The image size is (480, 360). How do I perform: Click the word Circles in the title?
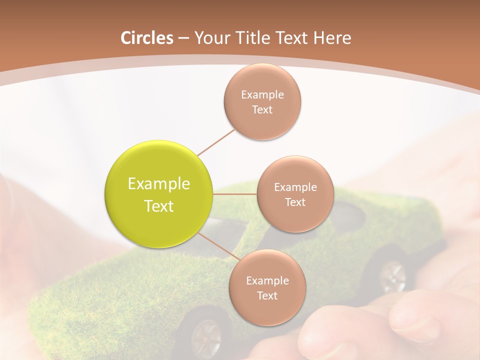(146, 38)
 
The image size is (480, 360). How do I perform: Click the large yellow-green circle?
(159, 194)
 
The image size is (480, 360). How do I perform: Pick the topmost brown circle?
(262, 102)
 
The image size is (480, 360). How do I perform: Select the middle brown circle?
(295, 194)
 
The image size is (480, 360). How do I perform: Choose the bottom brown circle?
(267, 287)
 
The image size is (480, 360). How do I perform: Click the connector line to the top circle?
(216, 142)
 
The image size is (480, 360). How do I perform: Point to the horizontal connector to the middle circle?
(235, 193)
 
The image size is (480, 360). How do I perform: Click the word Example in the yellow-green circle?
(159, 184)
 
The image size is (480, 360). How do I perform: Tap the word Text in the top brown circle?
(262, 110)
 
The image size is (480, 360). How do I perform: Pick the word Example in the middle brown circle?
(295, 187)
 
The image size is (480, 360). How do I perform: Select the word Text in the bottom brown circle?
(267, 295)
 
